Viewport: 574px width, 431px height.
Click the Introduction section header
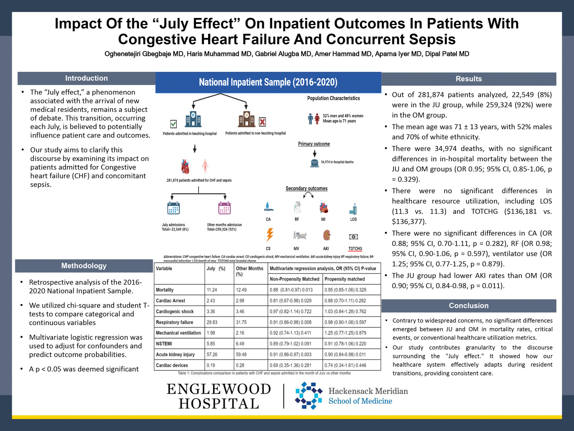[86, 78]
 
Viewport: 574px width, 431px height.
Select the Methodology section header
[84, 266]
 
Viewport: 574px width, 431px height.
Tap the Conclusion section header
[468, 306]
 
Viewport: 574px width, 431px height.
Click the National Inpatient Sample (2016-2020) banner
[268, 83]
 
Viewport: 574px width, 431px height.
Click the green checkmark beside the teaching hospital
[173, 124]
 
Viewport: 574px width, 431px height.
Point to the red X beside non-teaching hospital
[262, 122]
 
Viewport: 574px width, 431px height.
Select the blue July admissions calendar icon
[173, 208]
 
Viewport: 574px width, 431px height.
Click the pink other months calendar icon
[224, 208]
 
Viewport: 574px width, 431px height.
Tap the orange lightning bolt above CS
[270, 235]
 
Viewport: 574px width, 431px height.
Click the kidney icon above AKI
[326, 235]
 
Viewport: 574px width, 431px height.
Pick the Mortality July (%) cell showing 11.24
[212, 290]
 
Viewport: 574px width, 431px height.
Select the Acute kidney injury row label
[175, 354]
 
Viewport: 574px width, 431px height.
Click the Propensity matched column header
[344, 279]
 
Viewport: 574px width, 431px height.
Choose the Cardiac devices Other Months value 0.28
[240, 365]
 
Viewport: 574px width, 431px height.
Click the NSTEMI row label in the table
[164, 344]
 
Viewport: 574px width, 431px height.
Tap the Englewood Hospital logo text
[218, 396]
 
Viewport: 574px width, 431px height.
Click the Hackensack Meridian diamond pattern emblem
[309, 395]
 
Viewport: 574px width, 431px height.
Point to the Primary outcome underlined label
[314, 144]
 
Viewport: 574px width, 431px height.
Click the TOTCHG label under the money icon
[355, 249]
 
